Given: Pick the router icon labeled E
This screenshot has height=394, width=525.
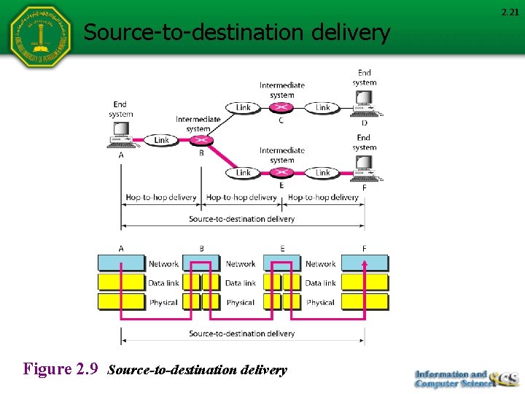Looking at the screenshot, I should (282, 173).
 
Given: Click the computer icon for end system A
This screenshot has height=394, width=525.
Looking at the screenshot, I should (120, 134).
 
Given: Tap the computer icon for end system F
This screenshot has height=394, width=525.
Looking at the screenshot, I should (364, 172).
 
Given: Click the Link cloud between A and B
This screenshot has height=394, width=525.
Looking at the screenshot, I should (161, 140).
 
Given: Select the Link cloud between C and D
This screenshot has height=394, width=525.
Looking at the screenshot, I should (322, 108).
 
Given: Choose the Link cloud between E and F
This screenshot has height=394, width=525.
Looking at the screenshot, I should (322, 173).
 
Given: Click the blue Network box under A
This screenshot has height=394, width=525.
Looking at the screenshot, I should (122, 263).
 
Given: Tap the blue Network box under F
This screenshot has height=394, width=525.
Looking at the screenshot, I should (365, 263).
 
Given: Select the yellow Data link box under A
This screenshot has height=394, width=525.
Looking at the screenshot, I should (122, 282).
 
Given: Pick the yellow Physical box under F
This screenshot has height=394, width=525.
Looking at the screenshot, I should (365, 302).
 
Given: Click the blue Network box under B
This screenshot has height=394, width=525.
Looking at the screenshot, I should (201, 263).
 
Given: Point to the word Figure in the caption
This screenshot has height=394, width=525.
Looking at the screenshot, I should (48, 369).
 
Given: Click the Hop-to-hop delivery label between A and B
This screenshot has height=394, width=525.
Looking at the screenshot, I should (161, 197).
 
